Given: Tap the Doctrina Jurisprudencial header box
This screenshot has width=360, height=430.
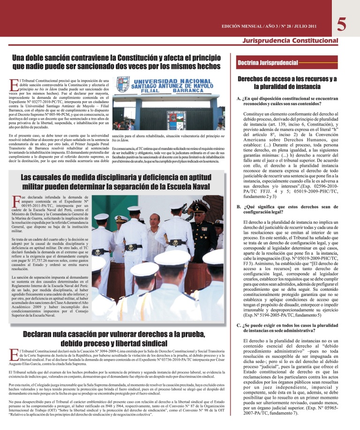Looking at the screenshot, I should (x=268, y=62).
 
